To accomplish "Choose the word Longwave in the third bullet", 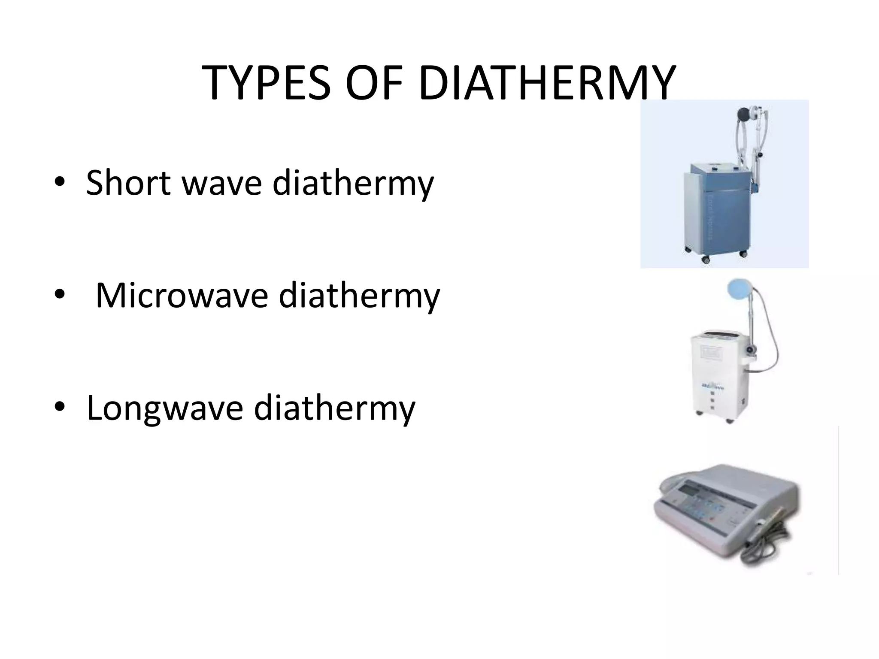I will pos(164,408).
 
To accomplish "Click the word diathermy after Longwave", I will pos(334,408).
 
